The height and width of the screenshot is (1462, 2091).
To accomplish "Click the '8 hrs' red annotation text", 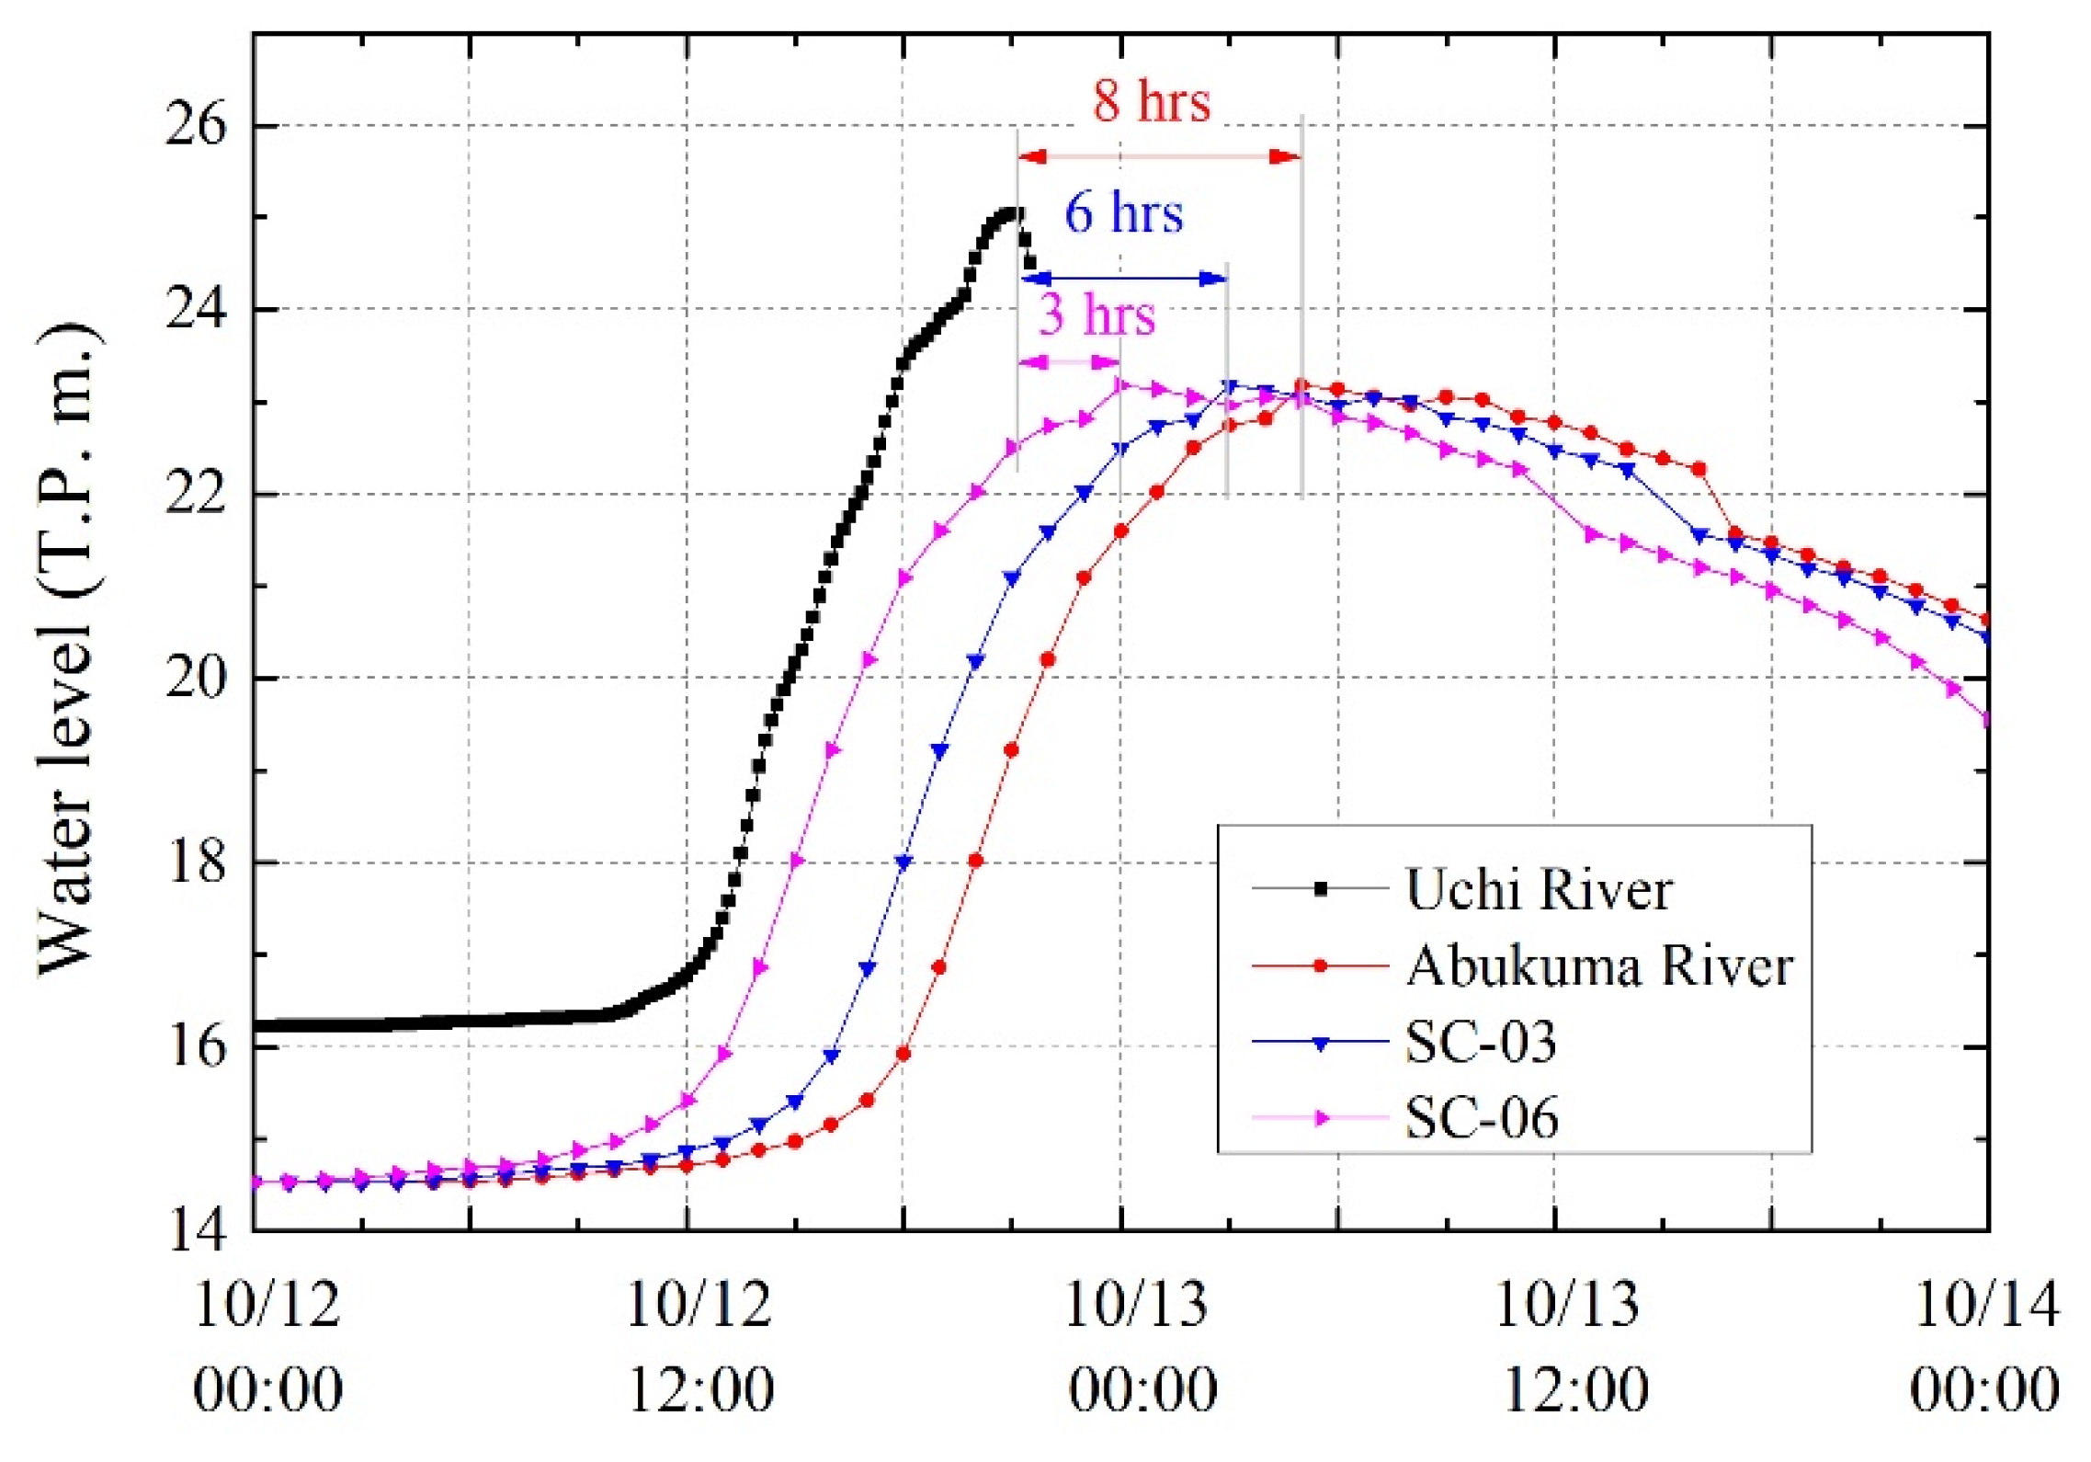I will point(1151,100).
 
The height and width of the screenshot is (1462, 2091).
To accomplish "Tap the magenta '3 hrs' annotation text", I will point(1097,314).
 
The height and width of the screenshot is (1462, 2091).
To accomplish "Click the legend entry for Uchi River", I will point(1538,889).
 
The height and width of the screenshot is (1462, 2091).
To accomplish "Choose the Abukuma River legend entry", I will point(1599,965).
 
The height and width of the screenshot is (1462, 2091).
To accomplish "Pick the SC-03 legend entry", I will point(1480,1042).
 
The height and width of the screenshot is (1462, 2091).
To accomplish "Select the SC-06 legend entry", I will point(1481,1118).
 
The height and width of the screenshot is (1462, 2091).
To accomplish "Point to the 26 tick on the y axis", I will point(196,125).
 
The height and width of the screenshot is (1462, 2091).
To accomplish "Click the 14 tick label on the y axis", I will point(196,1230).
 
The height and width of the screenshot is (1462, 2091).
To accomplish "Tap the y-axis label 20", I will point(196,679).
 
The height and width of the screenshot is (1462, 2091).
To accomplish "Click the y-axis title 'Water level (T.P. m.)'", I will point(69,648).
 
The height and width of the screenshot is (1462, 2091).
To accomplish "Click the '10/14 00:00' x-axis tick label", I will point(1985,1345).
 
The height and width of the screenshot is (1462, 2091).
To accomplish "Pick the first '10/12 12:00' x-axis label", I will point(700,1345).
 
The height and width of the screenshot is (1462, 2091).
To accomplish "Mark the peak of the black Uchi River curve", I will point(1013,213).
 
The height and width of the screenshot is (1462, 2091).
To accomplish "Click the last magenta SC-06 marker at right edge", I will point(1986,720).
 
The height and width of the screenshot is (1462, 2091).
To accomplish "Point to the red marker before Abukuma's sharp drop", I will point(1699,469).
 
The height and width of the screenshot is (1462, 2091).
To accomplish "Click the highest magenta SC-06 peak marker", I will point(1120,385).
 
